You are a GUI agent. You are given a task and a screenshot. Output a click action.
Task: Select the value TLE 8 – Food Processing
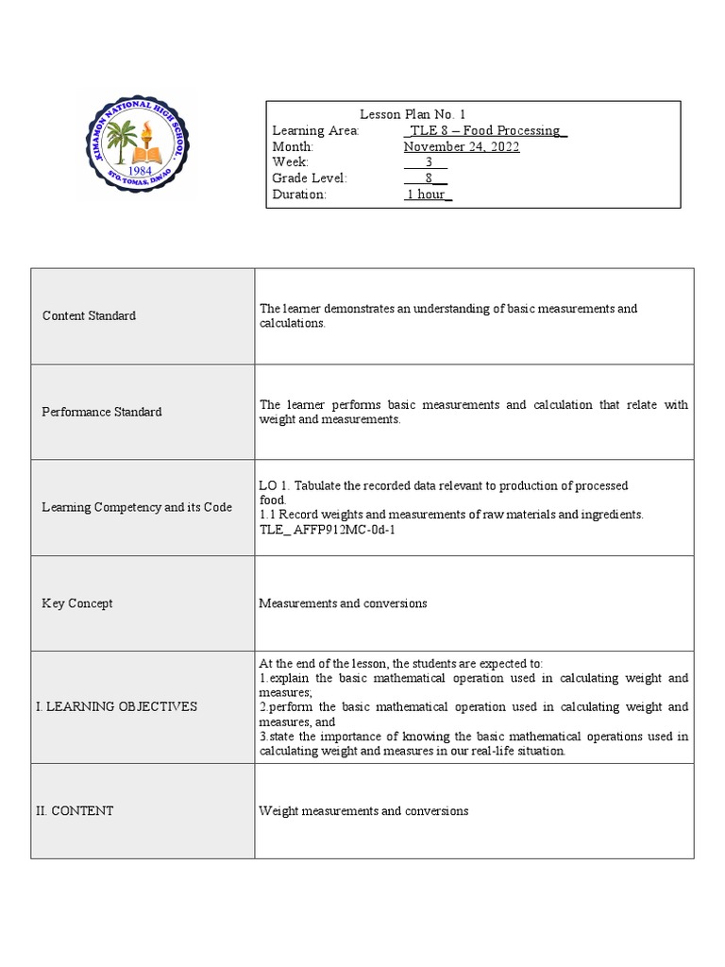coord(484,130)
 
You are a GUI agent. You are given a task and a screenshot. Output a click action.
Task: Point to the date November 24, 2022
coord(462,146)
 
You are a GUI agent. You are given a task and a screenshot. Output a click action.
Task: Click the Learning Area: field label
coord(315,130)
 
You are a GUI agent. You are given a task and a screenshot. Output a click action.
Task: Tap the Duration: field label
coord(299,195)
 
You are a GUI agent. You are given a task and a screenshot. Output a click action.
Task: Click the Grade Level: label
coord(310,178)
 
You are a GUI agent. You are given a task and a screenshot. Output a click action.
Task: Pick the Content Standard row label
coord(89,315)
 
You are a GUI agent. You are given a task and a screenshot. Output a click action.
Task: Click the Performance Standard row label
coord(102,412)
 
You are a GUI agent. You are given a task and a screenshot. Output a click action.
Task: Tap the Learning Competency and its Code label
coord(137,507)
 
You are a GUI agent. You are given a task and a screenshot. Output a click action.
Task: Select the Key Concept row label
coord(77,603)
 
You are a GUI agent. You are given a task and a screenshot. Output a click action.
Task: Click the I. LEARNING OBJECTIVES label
coord(116,706)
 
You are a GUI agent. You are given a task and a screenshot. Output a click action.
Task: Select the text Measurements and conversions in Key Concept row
coord(343,603)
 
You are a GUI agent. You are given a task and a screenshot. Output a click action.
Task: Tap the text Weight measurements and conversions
coord(363,810)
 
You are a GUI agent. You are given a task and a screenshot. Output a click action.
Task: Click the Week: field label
coord(291,162)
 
